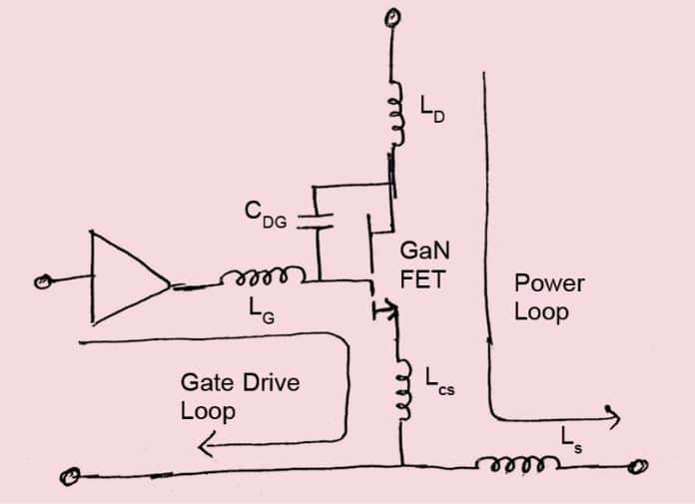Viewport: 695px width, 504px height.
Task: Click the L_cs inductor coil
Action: [x=402, y=389]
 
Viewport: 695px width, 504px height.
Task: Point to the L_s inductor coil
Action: [x=518, y=463]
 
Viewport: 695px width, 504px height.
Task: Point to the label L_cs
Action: [x=438, y=381]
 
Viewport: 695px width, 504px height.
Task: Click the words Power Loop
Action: [x=548, y=296]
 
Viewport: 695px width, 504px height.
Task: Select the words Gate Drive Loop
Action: [x=226, y=395]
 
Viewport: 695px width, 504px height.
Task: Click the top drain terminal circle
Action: [x=395, y=17]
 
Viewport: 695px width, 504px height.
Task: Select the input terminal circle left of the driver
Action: [x=41, y=284]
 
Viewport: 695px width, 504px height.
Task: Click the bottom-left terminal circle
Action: [x=69, y=476]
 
